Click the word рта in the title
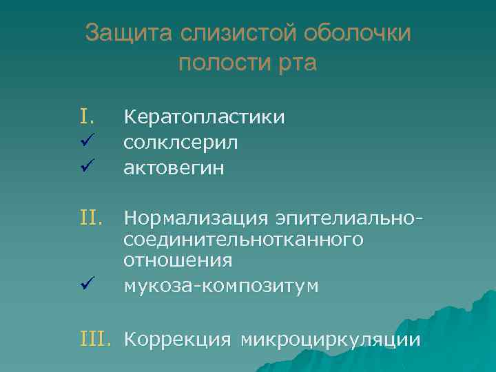click(x=295, y=65)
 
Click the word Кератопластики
click(x=204, y=118)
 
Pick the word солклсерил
click(x=181, y=143)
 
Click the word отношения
click(x=178, y=262)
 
